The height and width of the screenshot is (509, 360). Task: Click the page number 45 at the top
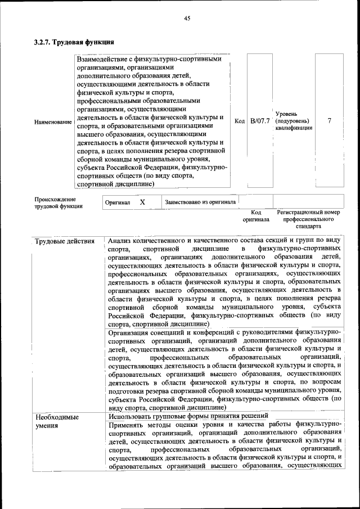(x=187, y=19)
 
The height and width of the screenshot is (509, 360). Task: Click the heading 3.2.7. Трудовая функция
(x=74, y=42)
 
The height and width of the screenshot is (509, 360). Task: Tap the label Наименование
(x=53, y=121)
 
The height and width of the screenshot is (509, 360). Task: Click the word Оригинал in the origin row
(x=118, y=202)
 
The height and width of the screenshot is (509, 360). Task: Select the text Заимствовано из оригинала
(x=200, y=202)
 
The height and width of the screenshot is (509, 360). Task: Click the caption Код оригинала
(x=256, y=216)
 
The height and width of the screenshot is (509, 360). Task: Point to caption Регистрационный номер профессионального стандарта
(x=309, y=219)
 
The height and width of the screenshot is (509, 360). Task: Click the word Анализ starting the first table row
(x=121, y=241)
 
